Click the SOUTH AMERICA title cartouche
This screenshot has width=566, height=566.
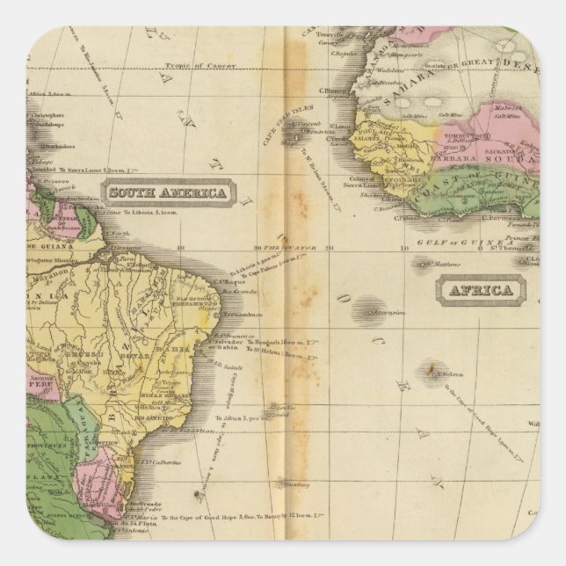pyautogui.click(x=167, y=192)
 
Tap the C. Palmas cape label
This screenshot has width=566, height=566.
pyautogui.click(x=410, y=218)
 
